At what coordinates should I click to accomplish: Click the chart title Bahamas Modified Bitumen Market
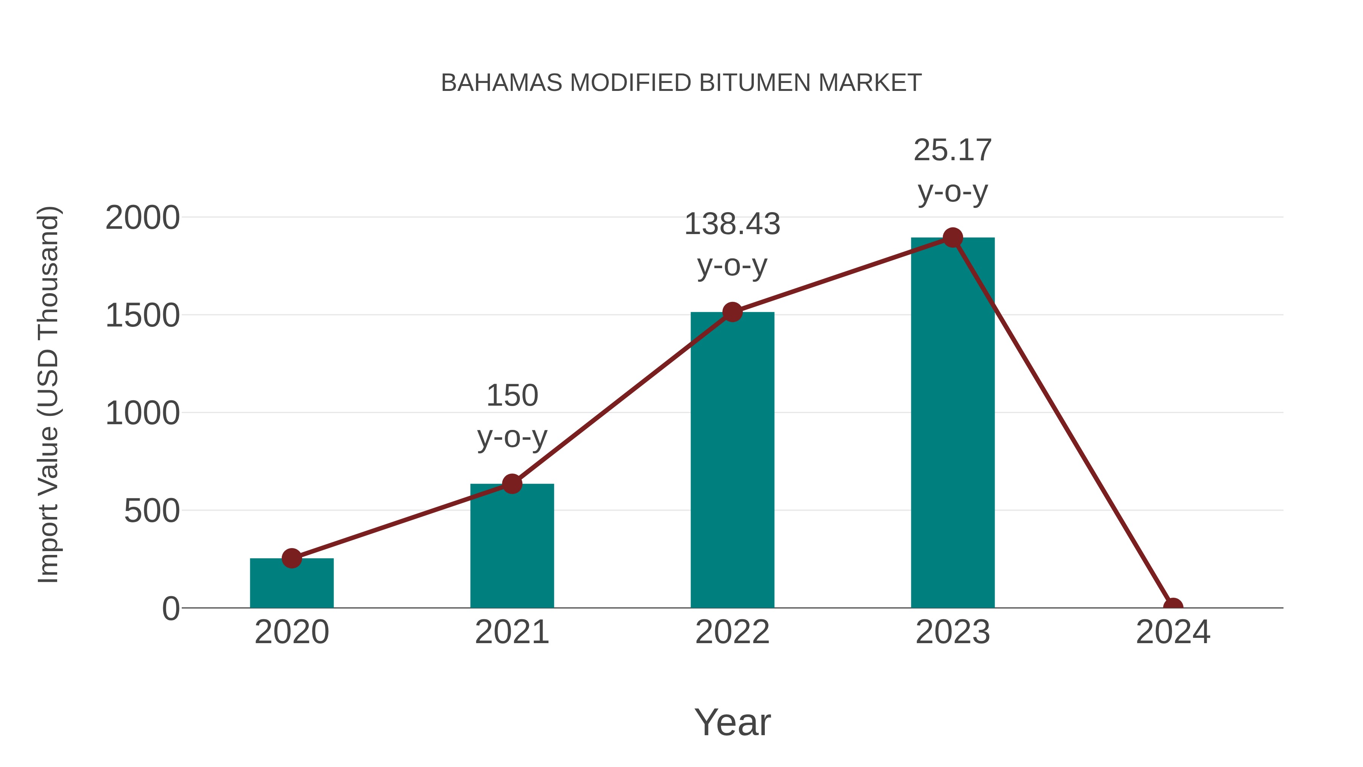click(681, 83)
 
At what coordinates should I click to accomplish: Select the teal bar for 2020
click(292, 585)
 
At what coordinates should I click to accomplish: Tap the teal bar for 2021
click(512, 548)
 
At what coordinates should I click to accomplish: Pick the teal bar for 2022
click(732, 461)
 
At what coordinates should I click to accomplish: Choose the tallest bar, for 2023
click(953, 423)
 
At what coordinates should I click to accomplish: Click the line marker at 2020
click(292, 558)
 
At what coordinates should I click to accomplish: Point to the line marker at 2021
click(512, 483)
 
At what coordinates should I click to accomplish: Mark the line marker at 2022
click(732, 312)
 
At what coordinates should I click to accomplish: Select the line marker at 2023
click(953, 237)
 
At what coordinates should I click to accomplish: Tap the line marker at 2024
click(1173, 607)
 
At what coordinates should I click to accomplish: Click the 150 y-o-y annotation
click(512, 417)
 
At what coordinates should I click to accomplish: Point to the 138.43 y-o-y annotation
click(732, 245)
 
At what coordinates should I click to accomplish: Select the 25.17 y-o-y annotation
click(953, 171)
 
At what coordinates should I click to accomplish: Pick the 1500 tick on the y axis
click(143, 316)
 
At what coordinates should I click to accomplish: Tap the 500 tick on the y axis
click(152, 511)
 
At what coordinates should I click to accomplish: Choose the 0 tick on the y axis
click(171, 609)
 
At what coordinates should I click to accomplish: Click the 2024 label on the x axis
click(1173, 632)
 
